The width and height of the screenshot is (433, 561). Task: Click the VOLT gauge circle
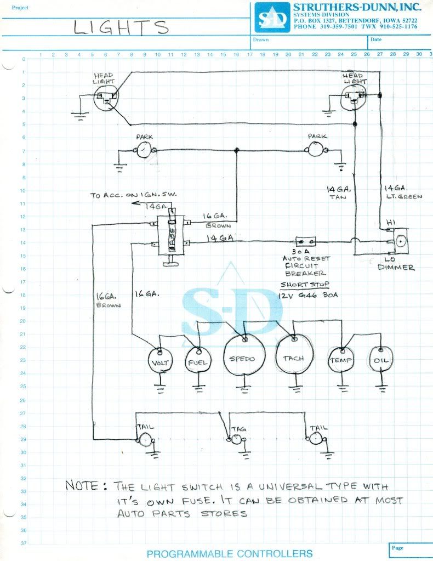(x=162, y=362)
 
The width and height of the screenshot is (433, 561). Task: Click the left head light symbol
(x=107, y=99)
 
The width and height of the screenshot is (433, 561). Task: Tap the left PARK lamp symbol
(x=144, y=149)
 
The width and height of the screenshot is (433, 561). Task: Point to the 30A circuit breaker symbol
(x=305, y=241)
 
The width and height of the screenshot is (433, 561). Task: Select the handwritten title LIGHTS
(x=122, y=28)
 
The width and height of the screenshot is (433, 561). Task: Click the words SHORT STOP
(x=300, y=285)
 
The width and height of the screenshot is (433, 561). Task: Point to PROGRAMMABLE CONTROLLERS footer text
(x=230, y=553)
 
